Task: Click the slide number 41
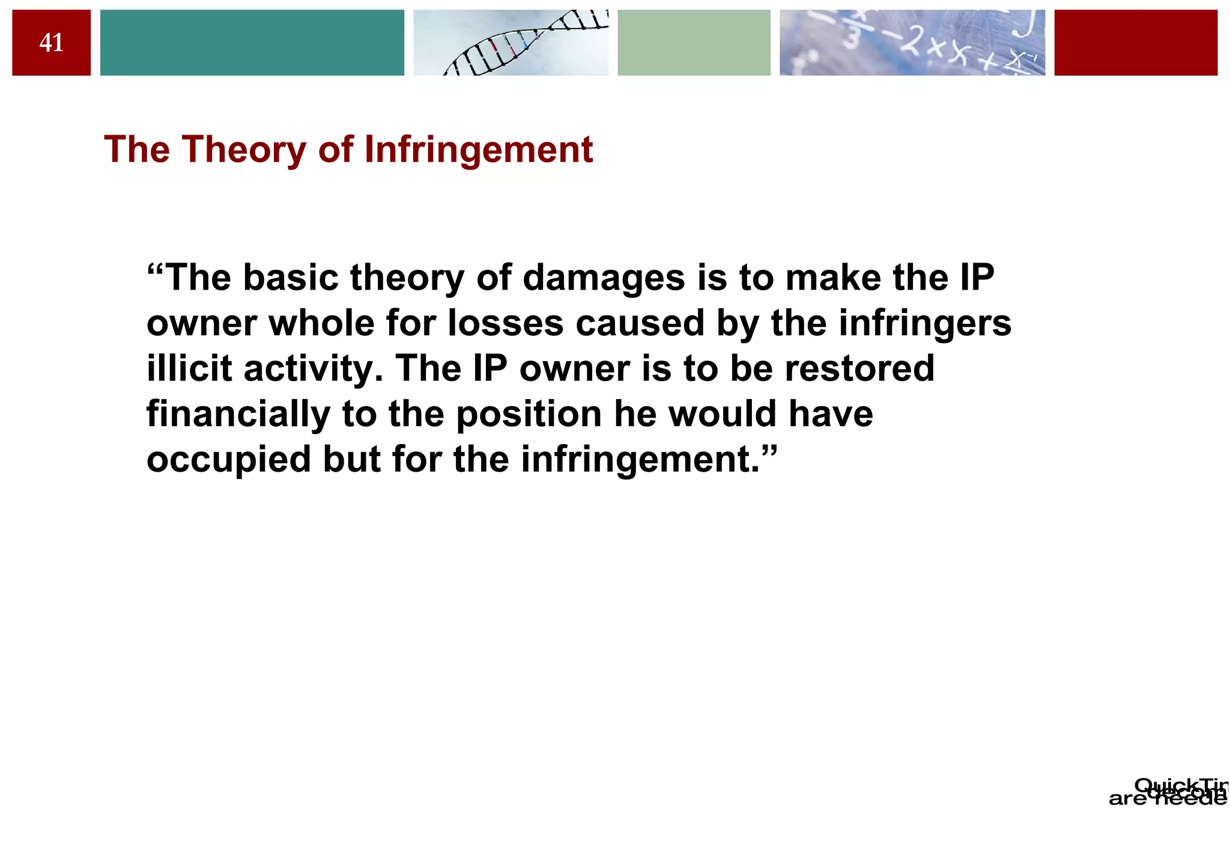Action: [51, 43]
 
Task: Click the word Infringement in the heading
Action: [479, 149]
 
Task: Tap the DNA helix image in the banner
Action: [510, 43]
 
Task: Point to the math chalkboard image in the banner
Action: [912, 43]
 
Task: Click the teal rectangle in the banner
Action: [252, 43]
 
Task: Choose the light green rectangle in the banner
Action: [694, 43]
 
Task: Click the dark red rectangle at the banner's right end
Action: [1135, 43]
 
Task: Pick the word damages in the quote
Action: [604, 279]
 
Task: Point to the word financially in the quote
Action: [238, 415]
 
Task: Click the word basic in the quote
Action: [291, 278]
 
